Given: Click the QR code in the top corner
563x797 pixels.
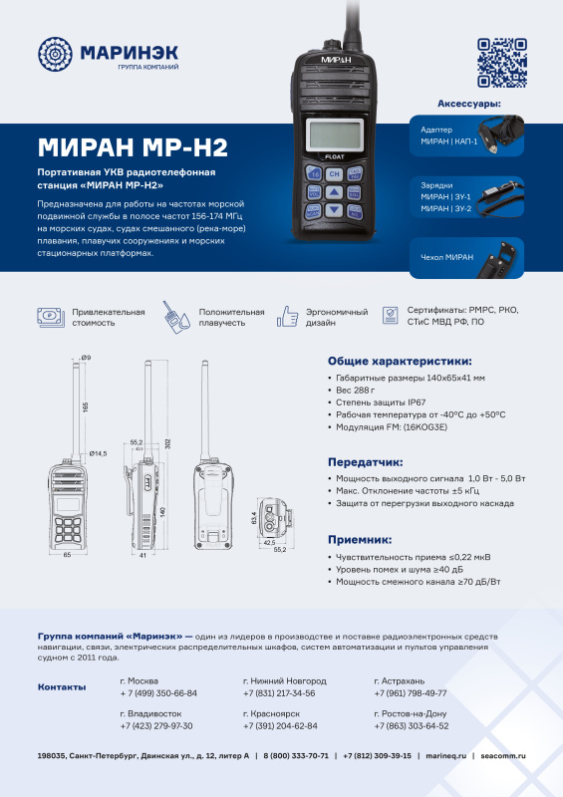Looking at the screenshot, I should click(x=500, y=62).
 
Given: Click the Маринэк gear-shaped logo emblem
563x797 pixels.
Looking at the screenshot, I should click(x=56, y=56).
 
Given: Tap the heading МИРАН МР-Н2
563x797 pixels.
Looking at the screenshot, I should click(x=133, y=147).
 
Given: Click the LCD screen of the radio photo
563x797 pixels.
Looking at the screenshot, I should click(x=334, y=132).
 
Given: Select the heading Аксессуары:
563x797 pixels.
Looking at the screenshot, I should click(x=468, y=104).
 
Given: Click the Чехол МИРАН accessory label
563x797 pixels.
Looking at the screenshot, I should click(x=447, y=258).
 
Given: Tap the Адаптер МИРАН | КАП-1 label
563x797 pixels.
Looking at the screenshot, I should click(x=449, y=136).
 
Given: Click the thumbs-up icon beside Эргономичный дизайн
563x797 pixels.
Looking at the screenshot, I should click(x=288, y=317).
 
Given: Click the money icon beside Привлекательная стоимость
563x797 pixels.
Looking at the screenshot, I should click(x=49, y=317).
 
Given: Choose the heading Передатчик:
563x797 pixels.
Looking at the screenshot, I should click(x=365, y=462).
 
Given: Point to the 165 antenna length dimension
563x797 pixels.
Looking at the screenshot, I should click(x=86, y=406).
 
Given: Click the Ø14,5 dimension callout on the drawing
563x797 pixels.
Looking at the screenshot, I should click(x=98, y=453).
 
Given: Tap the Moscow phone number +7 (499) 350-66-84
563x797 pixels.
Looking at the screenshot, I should click(x=157, y=692).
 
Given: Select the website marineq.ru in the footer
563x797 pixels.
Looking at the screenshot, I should click(x=445, y=756).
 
